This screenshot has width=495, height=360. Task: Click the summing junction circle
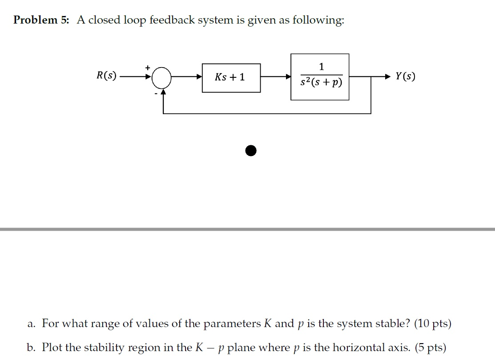pyautogui.click(x=161, y=77)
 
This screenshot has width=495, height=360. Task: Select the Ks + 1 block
pyautogui.click(x=231, y=78)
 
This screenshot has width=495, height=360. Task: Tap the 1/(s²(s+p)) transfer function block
pyautogui.click(x=320, y=77)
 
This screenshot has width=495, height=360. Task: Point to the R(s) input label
pyautogui.click(x=107, y=76)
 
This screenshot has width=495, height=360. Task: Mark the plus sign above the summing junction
pyautogui.click(x=148, y=67)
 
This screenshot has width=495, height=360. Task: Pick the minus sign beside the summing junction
pyautogui.click(x=156, y=93)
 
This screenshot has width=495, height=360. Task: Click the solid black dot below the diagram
pyautogui.click(x=251, y=151)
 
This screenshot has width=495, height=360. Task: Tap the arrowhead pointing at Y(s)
pyautogui.click(x=388, y=77)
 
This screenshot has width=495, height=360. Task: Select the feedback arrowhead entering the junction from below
pyautogui.click(x=163, y=91)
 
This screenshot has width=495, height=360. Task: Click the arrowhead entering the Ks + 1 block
pyautogui.click(x=199, y=77)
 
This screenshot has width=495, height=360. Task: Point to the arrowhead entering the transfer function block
pyautogui.click(x=288, y=77)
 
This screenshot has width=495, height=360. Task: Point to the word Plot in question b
pyautogui.click(x=52, y=347)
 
